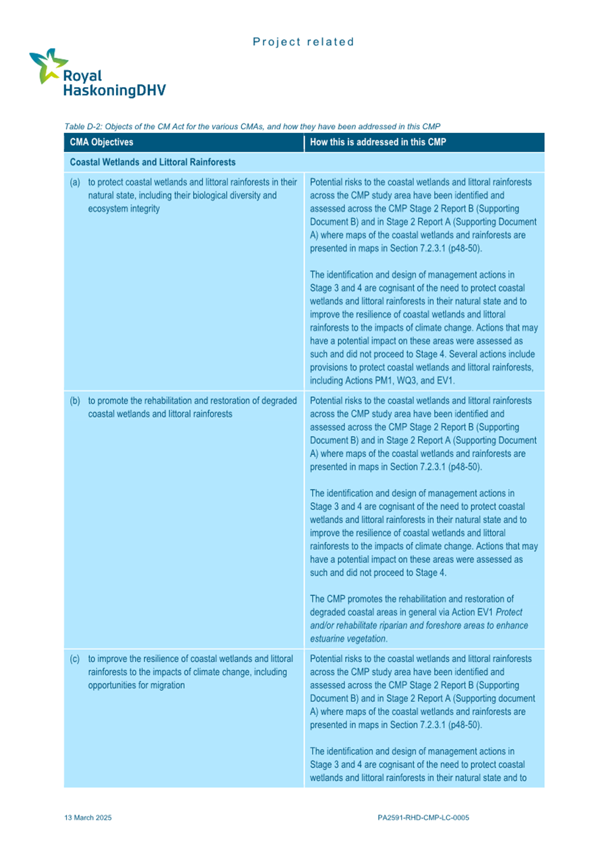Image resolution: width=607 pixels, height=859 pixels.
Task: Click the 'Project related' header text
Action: coord(303,42)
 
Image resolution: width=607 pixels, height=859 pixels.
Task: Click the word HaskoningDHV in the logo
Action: coord(113,89)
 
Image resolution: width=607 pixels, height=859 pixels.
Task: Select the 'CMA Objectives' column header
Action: coord(102,142)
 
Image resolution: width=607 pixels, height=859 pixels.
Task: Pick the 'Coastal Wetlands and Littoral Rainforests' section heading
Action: coord(153,163)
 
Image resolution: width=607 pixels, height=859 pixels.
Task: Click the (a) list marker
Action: coord(75,183)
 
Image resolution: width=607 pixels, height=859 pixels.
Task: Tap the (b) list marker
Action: coord(75,401)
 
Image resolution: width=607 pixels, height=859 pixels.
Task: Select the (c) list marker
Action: coord(75,658)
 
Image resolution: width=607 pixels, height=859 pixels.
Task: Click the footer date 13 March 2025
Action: coord(88,817)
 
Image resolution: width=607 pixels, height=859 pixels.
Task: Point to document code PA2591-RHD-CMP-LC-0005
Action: coord(423,817)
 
